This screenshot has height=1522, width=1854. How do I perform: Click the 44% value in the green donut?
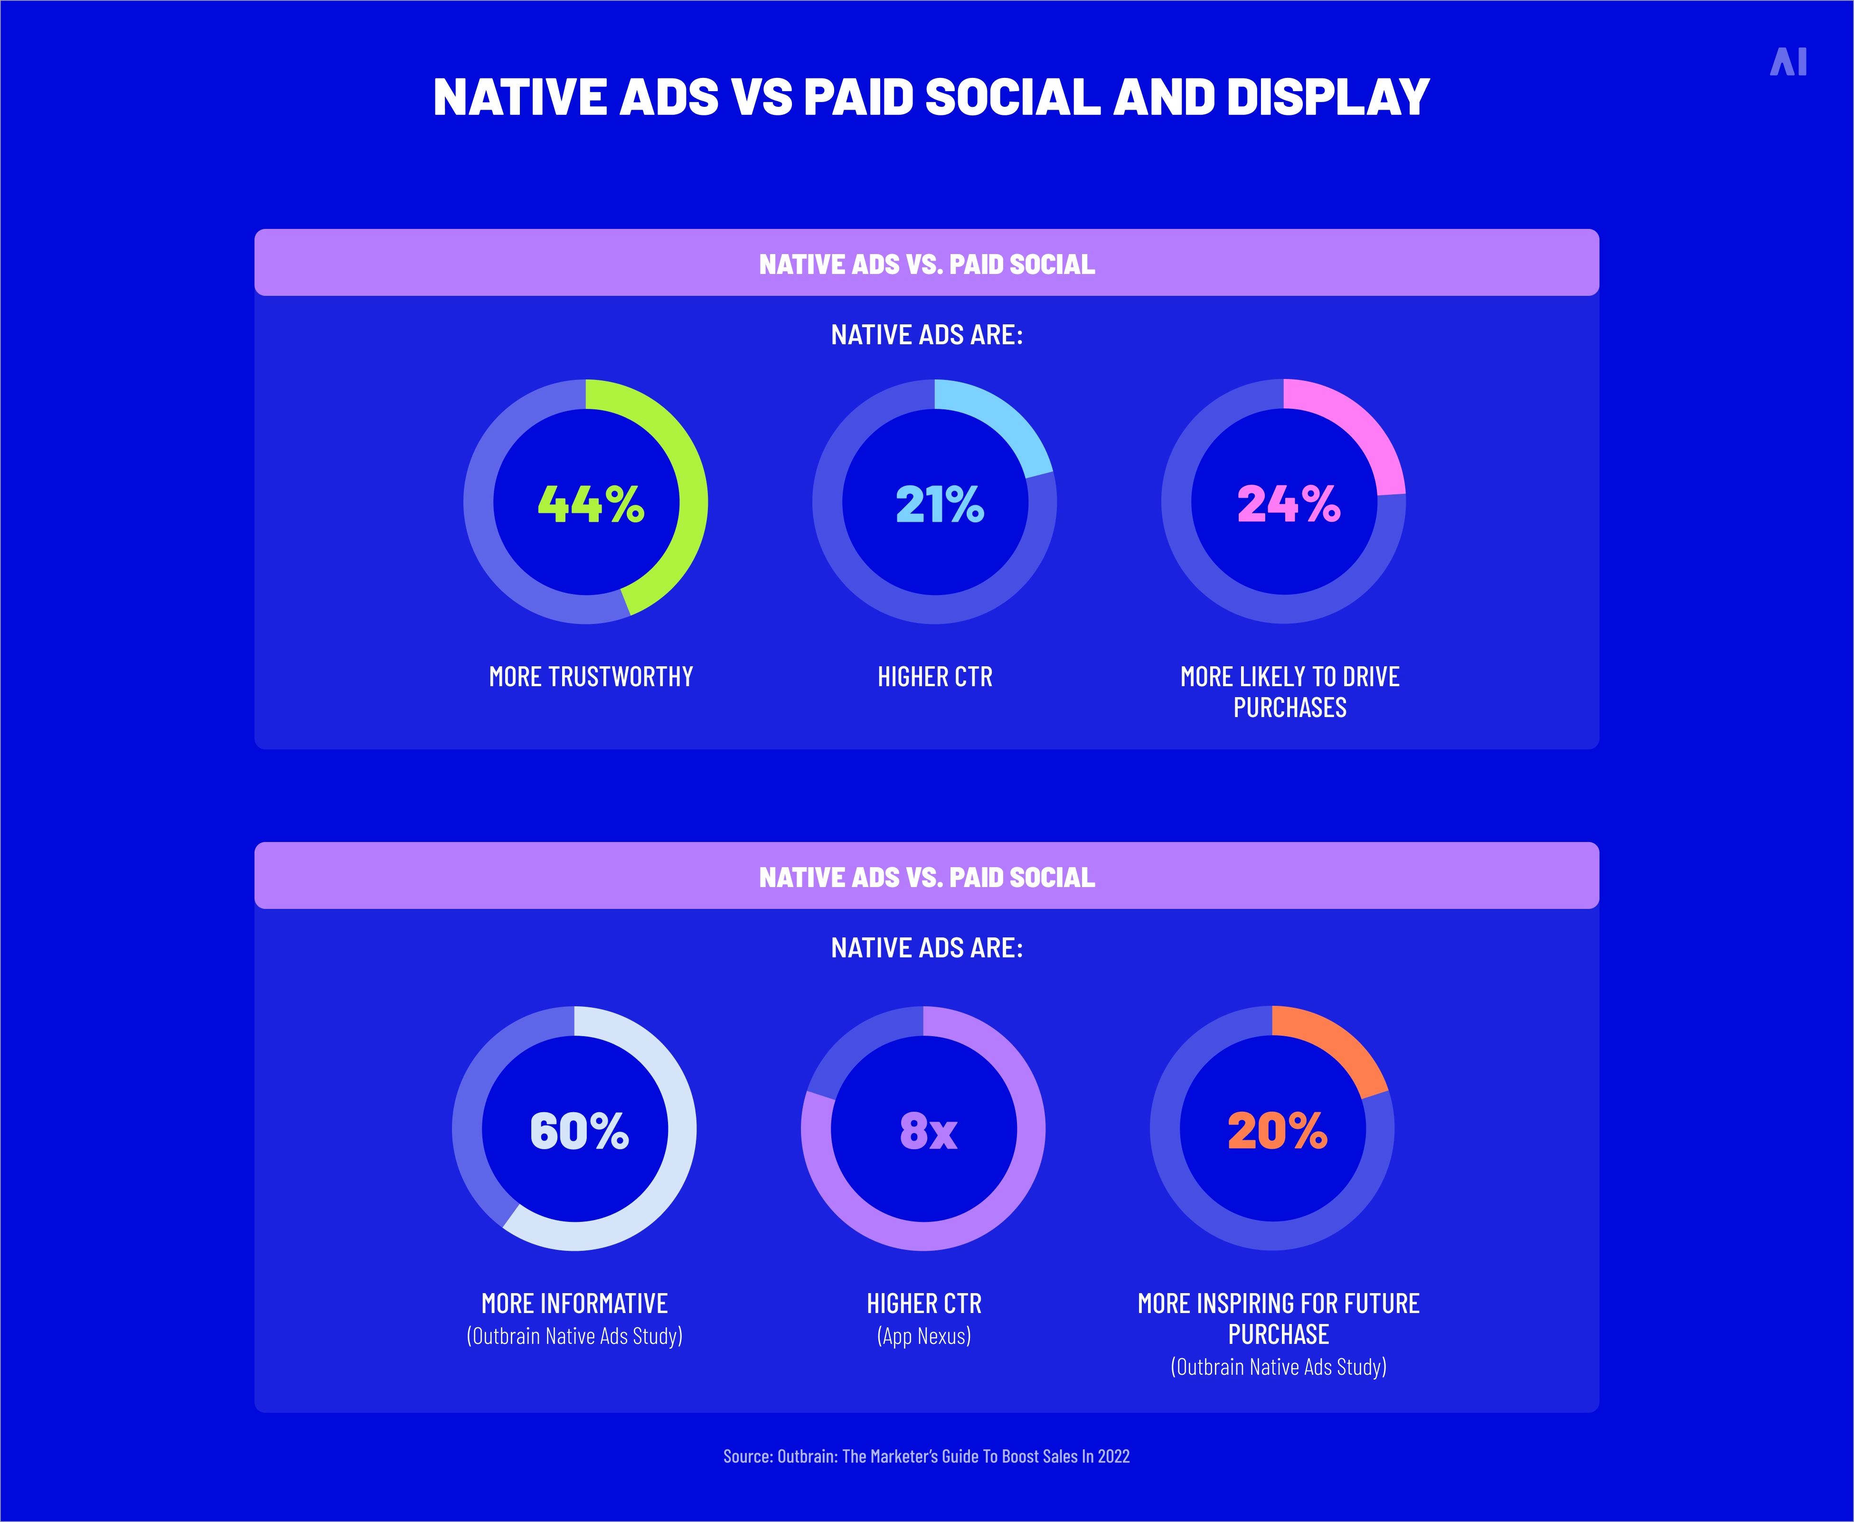click(590, 504)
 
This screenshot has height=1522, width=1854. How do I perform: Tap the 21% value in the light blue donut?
click(939, 504)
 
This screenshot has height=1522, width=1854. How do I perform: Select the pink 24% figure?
click(1288, 504)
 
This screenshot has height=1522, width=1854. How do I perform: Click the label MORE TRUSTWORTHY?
click(590, 677)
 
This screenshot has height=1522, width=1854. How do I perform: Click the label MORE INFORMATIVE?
click(574, 1304)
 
